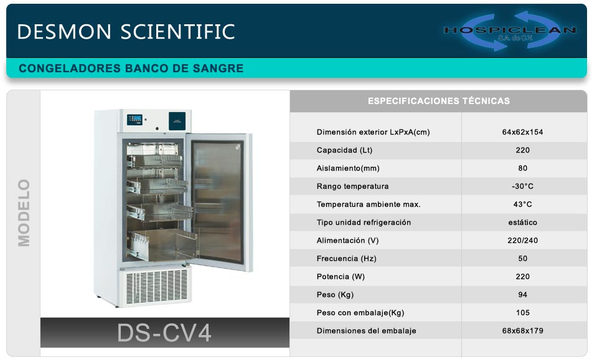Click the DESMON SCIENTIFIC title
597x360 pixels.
[x=126, y=32]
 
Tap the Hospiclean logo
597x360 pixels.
[x=510, y=31]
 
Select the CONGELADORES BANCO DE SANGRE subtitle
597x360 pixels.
[x=131, y=69]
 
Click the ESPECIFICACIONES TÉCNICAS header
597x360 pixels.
[x=439, y=101]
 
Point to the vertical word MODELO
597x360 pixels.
[x=24, y=213]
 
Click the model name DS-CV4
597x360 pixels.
[x=164, y=333]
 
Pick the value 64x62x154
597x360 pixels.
[x=522, y=132]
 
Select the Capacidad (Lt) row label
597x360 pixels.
[x=344, y=150]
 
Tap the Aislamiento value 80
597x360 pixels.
[x=523, y=168]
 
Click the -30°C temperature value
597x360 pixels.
[x=522, y=186]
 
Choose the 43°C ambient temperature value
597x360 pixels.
[x=522, y=204]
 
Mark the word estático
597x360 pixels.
[x=522, y=222]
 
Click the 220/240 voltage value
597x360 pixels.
[x=522, y=240]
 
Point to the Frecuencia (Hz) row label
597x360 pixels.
[x=347, y=258]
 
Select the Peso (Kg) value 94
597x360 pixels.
[x=523, y=295]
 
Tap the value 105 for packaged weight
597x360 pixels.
[x=523, y=313]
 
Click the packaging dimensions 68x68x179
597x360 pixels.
[x=522, y=331]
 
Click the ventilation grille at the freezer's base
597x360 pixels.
[x=157, y=287]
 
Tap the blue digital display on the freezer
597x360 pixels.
[x=134, y=119]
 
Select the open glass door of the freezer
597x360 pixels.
[x=219, y=202]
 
